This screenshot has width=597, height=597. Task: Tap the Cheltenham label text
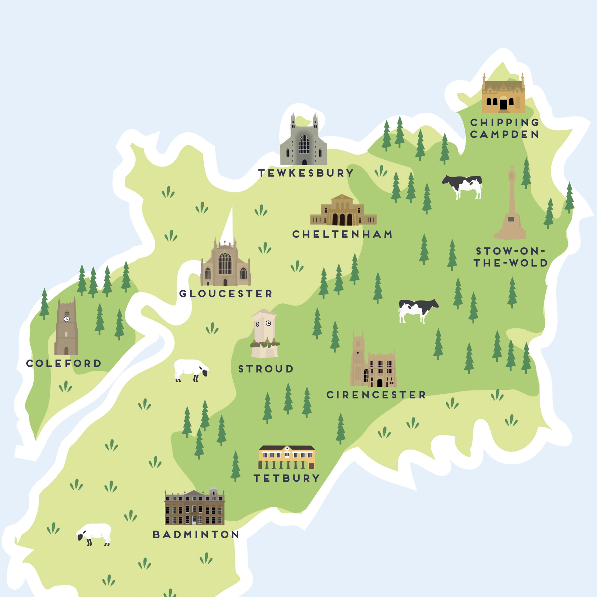click(x=342, y=234)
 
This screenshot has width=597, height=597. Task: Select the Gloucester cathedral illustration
click(x=225, y=266)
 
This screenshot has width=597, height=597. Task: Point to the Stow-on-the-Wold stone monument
click(x=510, y=207)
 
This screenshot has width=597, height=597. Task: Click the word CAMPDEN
click(x=504, y=134)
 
